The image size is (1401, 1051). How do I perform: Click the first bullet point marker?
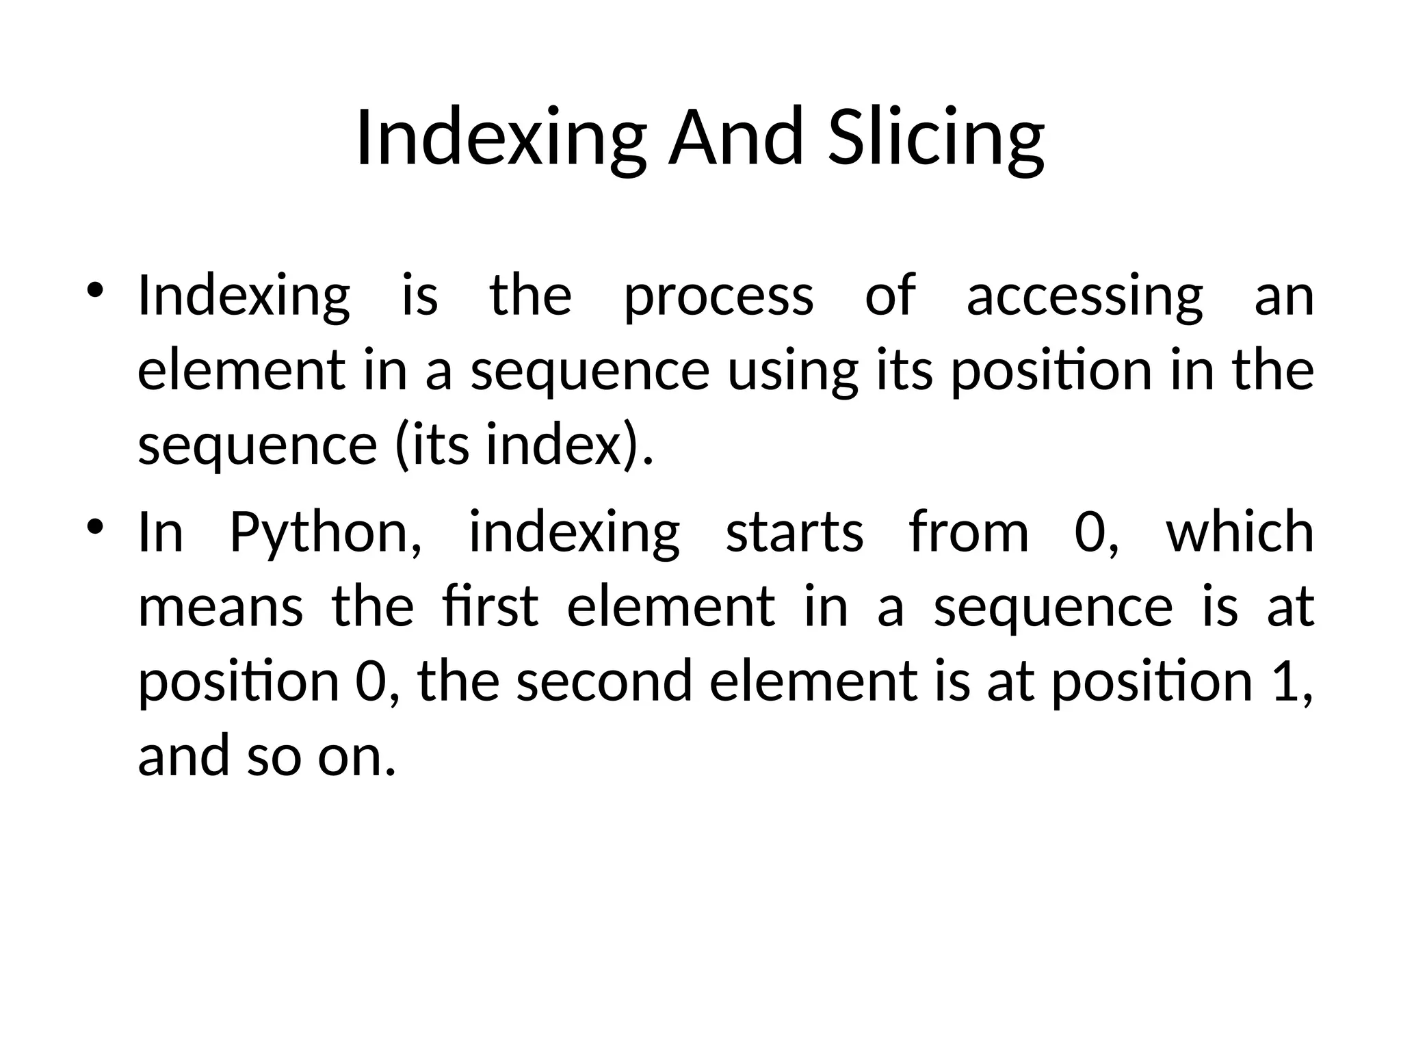[95, 291]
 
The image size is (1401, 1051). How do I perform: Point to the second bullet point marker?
[95, 528]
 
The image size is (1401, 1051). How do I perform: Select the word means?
[220, 608]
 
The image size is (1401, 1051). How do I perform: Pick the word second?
[605, 682]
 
